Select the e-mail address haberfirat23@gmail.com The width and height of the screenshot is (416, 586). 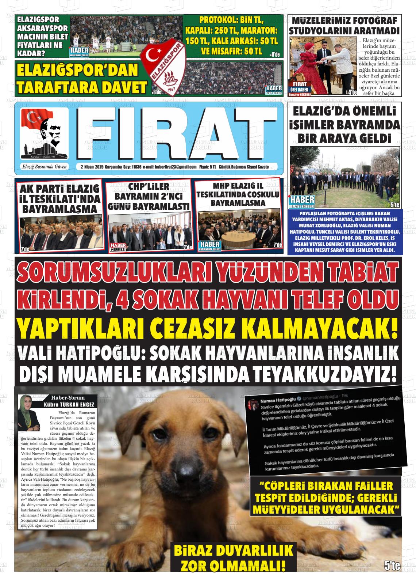(175, 167)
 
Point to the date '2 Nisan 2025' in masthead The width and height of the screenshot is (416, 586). (92, 167)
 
